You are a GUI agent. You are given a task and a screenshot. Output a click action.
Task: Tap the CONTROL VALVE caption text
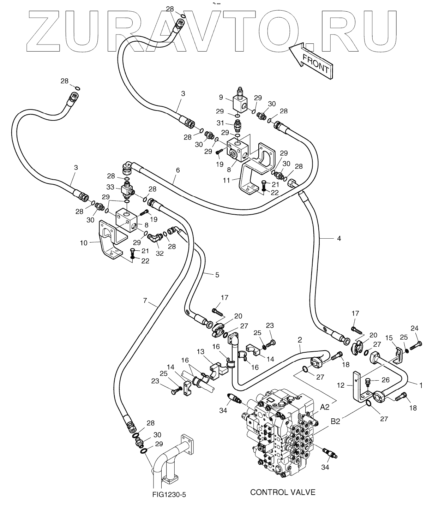[283, 492]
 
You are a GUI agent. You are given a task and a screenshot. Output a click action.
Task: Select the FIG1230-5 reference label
[169, 495]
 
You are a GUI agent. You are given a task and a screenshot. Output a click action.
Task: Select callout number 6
[178, 170]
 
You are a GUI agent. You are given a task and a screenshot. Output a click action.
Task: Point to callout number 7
[145, 301]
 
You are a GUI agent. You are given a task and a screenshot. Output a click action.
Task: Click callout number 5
[217, 274]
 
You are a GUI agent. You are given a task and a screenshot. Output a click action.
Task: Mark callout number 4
[339, 238]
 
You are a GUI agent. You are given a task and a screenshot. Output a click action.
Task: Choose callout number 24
[414, 328]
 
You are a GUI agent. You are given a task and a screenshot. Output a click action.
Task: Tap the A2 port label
[325, 407]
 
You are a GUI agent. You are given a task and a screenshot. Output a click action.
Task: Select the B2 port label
[335, 422]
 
